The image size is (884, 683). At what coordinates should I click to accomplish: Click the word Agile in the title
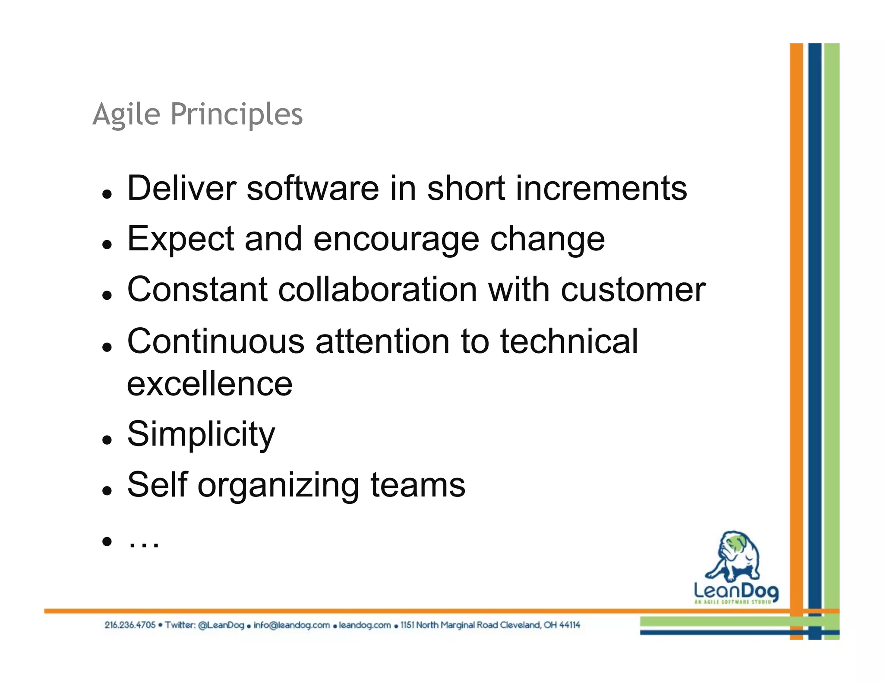pyautogui.click(x=126, y=115)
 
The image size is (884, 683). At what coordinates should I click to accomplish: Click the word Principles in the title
pyautogui.click(x=237, y=115)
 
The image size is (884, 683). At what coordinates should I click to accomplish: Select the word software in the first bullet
pyautogui.click(x=313, y=189)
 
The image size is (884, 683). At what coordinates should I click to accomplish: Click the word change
pyautogui.click(x=547, y=240)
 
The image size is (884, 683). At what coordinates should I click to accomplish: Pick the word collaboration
pyautogui.click(x=378, y=290)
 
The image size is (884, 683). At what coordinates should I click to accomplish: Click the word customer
pyautogui.click(x=633, y=290)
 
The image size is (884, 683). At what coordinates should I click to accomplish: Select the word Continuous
pyautogui.click(x=216, y=341)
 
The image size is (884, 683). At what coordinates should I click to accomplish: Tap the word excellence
pyautogui.click(x=210, y=384)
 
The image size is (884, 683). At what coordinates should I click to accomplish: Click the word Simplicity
pyautogui.click(x=201, y=435)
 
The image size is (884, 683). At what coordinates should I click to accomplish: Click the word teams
pyautogui.click(x=418, y=485)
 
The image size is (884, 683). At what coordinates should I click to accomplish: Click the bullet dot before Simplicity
pyautogui.click(x=107, y=440)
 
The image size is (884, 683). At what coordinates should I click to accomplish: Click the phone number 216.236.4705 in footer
pyautogui.click(x=130, y=625)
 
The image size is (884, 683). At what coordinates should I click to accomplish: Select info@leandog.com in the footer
pyautogui.click(x=291, y=625)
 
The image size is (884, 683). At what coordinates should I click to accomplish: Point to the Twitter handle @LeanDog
pyautogui.click(x=221, y=625)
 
